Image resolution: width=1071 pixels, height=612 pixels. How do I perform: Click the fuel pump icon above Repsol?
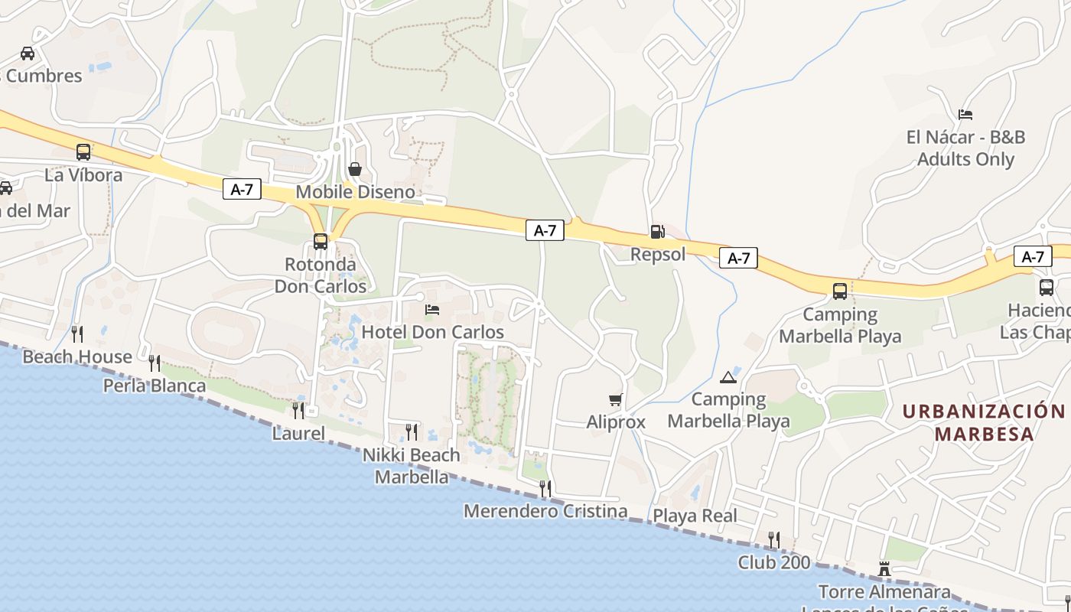pos(656,232)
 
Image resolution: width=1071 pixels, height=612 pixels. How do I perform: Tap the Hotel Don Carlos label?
pos(432,332)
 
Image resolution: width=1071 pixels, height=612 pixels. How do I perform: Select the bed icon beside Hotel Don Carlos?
pos(432,310)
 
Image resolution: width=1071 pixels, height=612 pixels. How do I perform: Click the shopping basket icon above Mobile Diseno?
pos(355,169)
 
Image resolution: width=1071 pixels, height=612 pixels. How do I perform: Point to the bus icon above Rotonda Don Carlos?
pos(321,242)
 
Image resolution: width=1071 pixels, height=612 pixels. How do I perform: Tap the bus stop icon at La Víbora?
pos(83,152)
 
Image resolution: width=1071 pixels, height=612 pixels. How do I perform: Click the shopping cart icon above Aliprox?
pos(615,400)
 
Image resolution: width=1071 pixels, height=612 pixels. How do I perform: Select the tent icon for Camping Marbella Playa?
pos(728,377)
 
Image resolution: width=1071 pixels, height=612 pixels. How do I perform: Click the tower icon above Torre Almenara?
pos(884,569)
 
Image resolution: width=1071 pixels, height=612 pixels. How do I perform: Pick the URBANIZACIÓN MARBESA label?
pos(984,422)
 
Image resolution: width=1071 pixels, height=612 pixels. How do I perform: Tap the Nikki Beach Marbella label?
pos(412,466)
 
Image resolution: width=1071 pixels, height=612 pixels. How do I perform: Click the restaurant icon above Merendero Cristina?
pos(545,487)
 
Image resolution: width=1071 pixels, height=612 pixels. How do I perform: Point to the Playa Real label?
pos(695,516)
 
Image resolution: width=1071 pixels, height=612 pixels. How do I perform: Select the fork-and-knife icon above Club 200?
pos(773,539)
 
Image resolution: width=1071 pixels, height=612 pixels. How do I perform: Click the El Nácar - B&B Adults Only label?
pos(965,148)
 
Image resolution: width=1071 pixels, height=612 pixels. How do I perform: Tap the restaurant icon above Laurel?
pos(298,410)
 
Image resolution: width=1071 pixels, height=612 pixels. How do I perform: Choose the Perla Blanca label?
pos(155,386)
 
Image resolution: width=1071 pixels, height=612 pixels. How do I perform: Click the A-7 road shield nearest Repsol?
pos(738,259)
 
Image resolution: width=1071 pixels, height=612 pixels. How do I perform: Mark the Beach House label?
pos(77,356)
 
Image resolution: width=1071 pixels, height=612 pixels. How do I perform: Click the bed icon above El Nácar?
pos(965,115)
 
